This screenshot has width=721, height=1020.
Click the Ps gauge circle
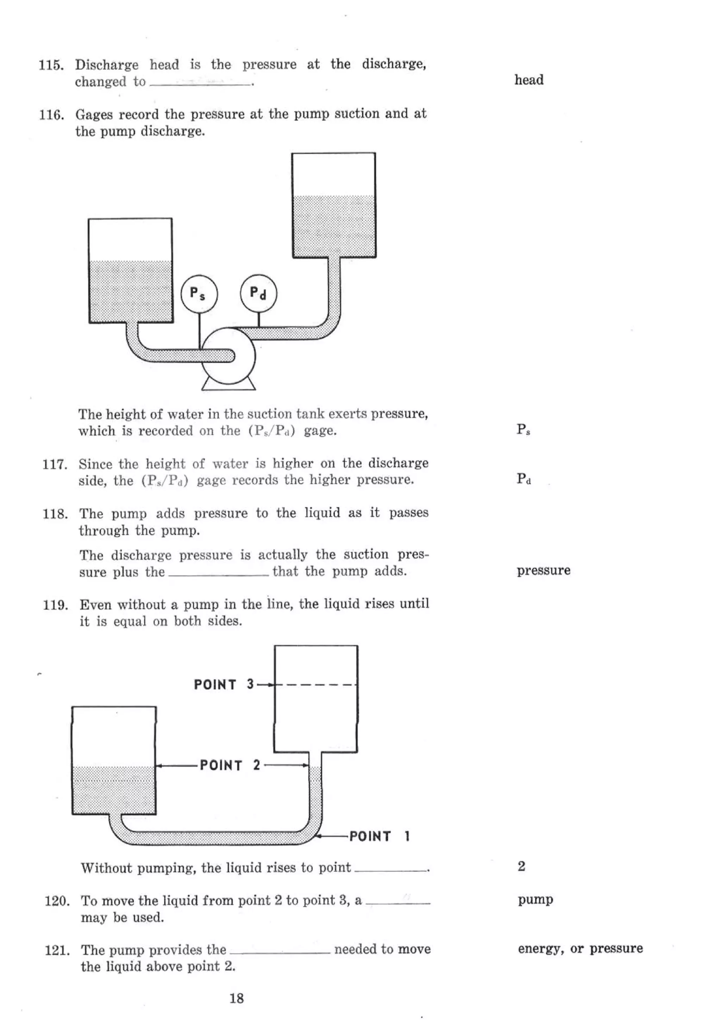pyautogui.click(x=199, y=294)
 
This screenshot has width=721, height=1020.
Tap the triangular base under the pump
pyautogui.click(x=228, y=385)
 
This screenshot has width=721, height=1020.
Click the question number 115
pyautogui.click(x=51, y=65)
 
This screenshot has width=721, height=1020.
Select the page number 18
pyautogui.click(x=236, y=998)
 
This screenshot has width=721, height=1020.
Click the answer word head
pyautogui.click(x=529, y=80)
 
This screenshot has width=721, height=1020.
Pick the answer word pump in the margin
pyautogui.click(x=535, y=900)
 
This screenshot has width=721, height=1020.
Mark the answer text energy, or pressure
pyautogui.click(x=580, y=949)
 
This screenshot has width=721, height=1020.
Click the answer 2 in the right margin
pyautogui.click(x=521, y=866)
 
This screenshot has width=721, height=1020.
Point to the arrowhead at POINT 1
pyautogui.click(x=317, y=837)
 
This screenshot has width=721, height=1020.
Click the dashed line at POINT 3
pyautogui.click(x=315, y=684)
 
